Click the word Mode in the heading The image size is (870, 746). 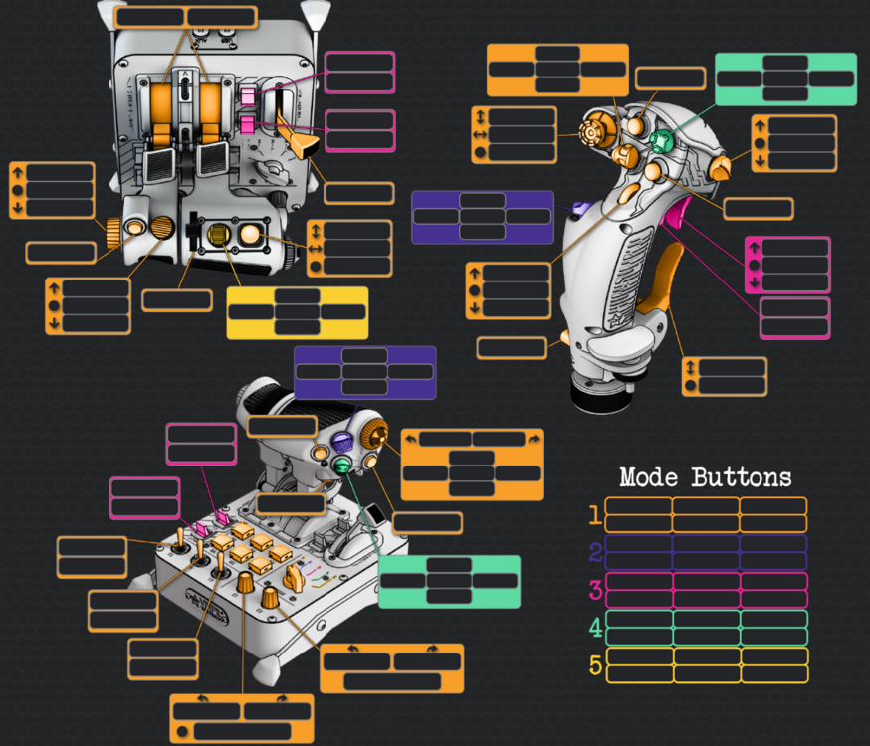click(x=649, y=477)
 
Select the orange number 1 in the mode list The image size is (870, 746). click(x=595, y=515)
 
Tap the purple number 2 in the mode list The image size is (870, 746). click(x=595, y=553)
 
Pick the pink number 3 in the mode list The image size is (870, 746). click(x=595, y=591)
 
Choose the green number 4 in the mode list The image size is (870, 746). click(x=595, y=629)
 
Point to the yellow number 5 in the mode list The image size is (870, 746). click(x=595, y=665)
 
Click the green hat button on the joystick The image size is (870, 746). click(x=660, y=141)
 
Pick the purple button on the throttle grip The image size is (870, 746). click(x=342, y=442)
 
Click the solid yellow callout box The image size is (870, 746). click(x=297, y=313)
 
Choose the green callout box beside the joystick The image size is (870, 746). click(x=785, y=79)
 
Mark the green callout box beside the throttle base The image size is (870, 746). click(x=449, y=581)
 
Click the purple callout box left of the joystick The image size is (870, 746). click(x=482, y=217)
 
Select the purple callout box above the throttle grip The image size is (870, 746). click(x=364, y=372)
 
